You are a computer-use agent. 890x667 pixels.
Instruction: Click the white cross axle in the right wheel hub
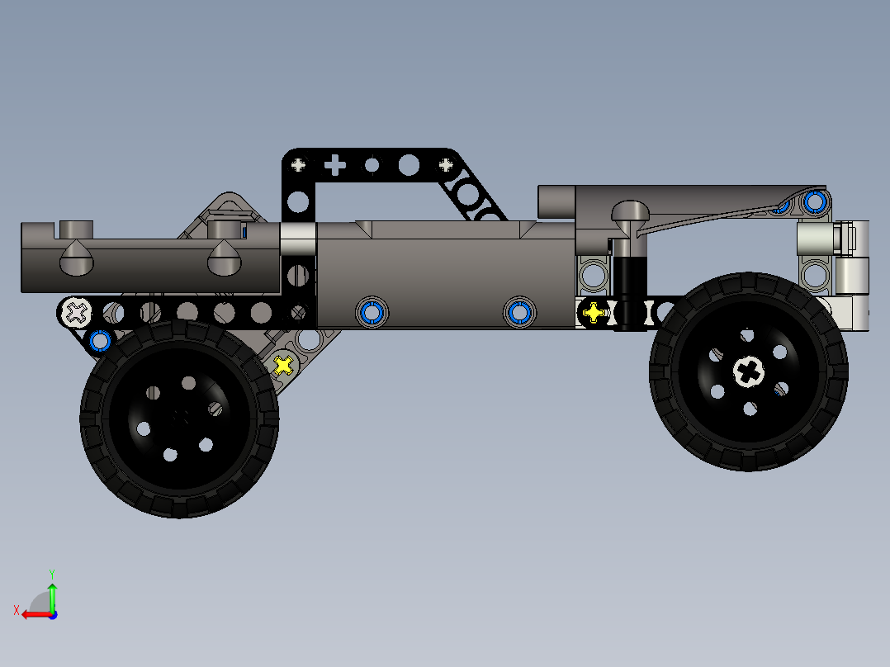click(749, 372)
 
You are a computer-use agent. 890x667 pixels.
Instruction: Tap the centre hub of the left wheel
click(179, 418)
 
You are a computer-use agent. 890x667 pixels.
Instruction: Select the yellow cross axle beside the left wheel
click(283, 364)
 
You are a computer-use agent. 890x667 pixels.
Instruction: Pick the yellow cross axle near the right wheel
click(593, 313)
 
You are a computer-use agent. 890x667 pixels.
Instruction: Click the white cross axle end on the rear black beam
click(77, 312)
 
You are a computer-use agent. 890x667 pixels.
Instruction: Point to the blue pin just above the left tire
click(100, 340)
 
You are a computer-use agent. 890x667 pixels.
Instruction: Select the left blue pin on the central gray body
click(371, 312)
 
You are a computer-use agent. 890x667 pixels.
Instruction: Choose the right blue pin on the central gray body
click(518, 312)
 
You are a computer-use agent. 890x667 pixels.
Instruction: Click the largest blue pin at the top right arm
click(815, 201)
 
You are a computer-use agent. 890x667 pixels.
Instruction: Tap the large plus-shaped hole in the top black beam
click(334, 166)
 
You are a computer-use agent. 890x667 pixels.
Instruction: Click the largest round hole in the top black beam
click(408, 166)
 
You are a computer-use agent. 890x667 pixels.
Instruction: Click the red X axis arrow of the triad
click(33, 614)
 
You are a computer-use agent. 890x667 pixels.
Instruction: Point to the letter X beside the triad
click(16, 610)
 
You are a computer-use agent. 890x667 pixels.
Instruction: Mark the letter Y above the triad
click(51, 572)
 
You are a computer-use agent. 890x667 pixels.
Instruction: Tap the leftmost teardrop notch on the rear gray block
click(76, 260)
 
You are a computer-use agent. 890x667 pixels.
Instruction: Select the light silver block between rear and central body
click(297, 239)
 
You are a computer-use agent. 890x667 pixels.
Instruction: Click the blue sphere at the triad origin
click(52, 614)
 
